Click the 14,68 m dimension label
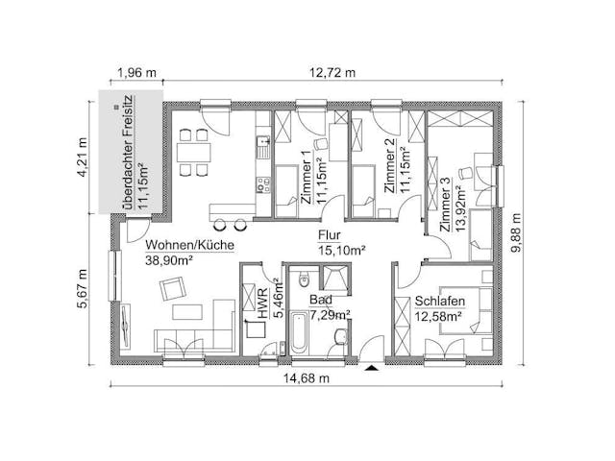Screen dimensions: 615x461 point(307,378)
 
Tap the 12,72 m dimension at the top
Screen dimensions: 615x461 point(332,73)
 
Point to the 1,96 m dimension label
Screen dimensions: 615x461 point(136,73)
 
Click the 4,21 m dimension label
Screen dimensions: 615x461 point(83,158)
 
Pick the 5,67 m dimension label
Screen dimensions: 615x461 point(83,289)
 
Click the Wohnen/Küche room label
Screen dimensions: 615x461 point(190,245)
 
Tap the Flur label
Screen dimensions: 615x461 point(330,235)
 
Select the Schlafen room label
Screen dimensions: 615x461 point(440,301)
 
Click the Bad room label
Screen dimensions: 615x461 point(321,300)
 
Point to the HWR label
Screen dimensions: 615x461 point(262,303)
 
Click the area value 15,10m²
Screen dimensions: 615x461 point(342,250)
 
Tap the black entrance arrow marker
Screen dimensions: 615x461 point(371,368)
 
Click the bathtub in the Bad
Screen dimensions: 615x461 point(299,332)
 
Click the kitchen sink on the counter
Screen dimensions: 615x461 point(262,147)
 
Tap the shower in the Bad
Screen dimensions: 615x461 point(334,279)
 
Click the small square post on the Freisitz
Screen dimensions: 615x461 point(115,107)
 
